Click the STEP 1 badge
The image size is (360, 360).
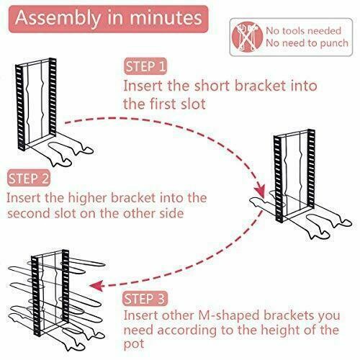click(145, 66)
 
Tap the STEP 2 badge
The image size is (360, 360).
click(29, 178)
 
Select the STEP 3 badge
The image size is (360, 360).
click(145, 298)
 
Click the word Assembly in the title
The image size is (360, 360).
click(58, 19)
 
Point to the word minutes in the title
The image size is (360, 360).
click(166, 18)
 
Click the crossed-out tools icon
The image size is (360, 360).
click(247, 37)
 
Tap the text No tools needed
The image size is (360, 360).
click(303, 31)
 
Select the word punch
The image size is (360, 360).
click(334, 43)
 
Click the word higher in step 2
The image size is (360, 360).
click(88, 198)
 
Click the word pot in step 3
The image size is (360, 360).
click(134, 345)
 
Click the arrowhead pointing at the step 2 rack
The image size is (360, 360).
click(260, 191)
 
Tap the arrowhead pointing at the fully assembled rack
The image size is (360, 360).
click(96, 286)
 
